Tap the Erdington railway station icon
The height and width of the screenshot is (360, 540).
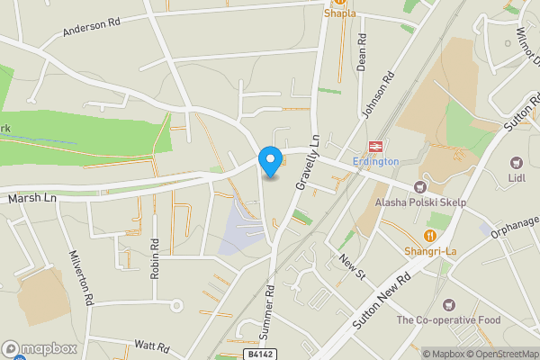[375, 147]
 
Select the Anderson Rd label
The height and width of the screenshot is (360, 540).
[91, 29]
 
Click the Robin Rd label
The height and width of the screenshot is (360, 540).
[155, 257]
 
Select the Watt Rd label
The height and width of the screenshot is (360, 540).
[151, 346]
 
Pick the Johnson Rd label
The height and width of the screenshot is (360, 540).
[378, 95]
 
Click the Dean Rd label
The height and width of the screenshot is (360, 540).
[362, 53]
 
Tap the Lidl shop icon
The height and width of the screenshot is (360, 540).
[516, 163]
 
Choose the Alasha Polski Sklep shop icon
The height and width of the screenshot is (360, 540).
[419, 187]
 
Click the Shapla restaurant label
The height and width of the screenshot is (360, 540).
[340, 13]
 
